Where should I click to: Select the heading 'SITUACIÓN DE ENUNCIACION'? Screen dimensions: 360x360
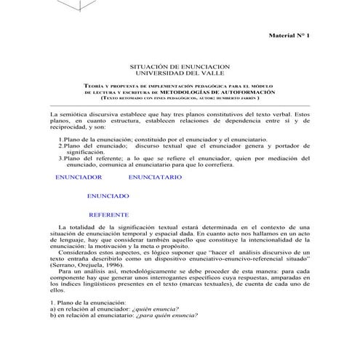pos(180,65)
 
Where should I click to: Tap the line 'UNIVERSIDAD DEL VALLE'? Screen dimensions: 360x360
pos(180,73)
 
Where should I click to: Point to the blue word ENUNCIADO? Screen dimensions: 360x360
pos(108,196)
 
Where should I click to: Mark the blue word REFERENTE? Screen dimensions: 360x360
pos(108,215)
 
